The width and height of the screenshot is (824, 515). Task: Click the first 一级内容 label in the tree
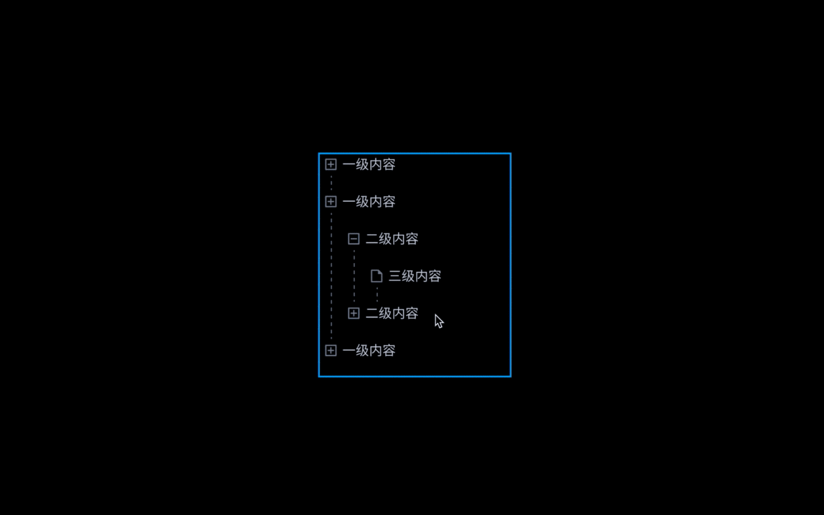click(x=369, y=165)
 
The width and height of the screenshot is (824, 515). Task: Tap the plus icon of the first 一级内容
click(x=331, y=165)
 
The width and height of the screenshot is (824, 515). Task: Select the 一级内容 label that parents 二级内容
click(x=369, y=202)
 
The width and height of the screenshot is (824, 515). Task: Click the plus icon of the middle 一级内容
click(x=331, y=202)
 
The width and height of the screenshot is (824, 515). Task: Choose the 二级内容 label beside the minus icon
click(x=392, y=239)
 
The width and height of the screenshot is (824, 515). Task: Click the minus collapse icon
click(x=354, y=239)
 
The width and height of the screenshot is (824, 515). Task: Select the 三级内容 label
click(x=415, y=276)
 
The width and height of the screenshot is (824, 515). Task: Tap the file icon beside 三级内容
click(x=376, y=276)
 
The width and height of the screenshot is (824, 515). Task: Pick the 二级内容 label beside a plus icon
click(x=392, y=313)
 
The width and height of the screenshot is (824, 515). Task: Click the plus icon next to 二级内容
click(x=354, y=313)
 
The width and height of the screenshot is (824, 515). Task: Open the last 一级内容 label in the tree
click(x=369, y=351)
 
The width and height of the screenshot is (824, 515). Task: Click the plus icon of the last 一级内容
click(x=331, y=351)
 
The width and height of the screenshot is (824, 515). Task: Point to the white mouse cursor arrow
click(x=438, y=321)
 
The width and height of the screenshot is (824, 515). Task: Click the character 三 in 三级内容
click(x=395, y=276)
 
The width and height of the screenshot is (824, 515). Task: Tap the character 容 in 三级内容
click(x=435, y=276)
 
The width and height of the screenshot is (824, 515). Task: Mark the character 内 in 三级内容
click(x=421, y=276)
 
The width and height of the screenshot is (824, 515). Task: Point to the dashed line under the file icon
click(x=377, y=295)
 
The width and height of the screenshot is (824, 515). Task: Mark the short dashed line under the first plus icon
click(x=331, y=183)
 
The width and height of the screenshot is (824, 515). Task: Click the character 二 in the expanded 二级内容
click(x=371, y=239)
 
